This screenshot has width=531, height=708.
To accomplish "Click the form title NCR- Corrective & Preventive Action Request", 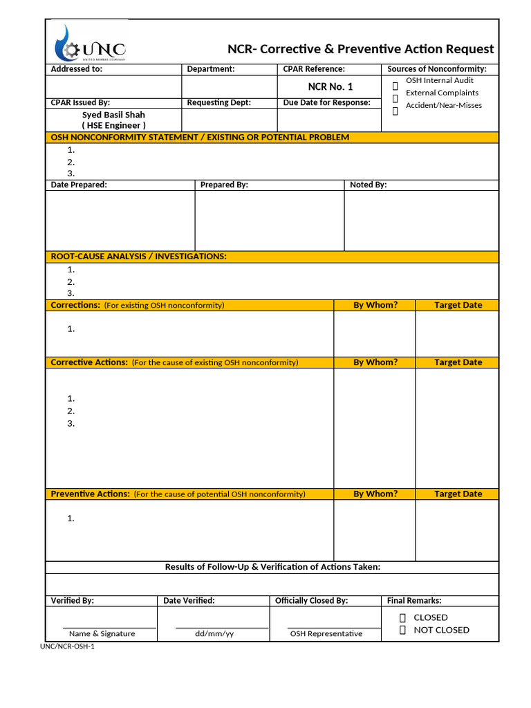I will (x=361, y=49).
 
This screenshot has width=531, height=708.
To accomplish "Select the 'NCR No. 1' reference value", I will (x=330, y=87).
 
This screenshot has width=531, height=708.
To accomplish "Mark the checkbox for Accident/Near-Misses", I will (x=395, y=111).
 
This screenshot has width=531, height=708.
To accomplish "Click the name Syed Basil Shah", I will (x=113, y=115).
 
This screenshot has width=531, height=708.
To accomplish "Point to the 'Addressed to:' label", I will (x=76, y=69).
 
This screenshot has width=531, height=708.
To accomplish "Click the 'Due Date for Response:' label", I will (x=326, y=103).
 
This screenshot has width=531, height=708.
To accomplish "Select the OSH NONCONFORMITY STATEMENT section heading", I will (x=200, y=138).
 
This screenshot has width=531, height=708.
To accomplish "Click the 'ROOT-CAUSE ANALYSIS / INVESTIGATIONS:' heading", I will (x=138, y=257).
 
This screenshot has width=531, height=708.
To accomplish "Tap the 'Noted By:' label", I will (x=368, y=185).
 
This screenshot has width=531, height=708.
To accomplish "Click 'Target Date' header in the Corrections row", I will (x=458, y=306).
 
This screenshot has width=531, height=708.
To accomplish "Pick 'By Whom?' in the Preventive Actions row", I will (x=375, y=494).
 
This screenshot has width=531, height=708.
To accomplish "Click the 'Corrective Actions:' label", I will (x=89, y=362).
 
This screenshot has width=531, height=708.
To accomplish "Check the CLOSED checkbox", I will (x=402, y=617).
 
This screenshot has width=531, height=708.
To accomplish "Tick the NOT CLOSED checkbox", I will (x=402, y=630).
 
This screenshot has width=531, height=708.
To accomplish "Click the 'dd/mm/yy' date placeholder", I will (x=214, y=634).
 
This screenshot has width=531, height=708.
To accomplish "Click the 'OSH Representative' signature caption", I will (x=326, y=634).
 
